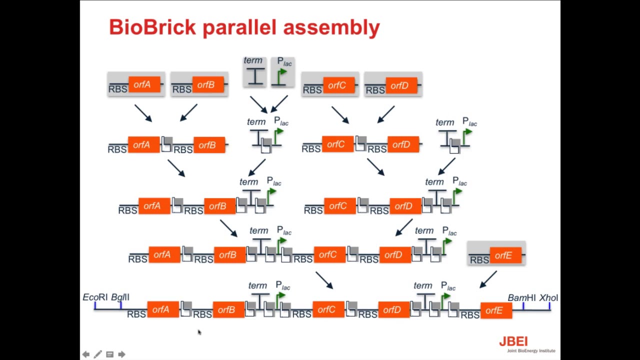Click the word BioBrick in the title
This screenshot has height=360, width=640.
point(152,27)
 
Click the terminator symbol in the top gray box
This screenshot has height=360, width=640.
point(255,76)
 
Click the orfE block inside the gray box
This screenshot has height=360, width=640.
point(504,255)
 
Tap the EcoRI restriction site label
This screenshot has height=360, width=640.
point(95,297)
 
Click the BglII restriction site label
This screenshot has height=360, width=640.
point(120,297)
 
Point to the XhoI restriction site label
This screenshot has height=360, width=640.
point(548,298)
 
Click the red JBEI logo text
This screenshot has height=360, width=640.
point(513,341)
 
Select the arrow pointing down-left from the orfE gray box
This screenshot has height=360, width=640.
point(488,279)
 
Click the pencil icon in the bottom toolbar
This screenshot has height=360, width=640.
point(97,354)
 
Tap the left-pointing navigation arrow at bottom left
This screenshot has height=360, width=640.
point(86,354)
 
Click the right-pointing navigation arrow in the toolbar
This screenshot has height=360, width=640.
point(121,354)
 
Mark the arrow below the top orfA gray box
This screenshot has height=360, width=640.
point(143,113)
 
